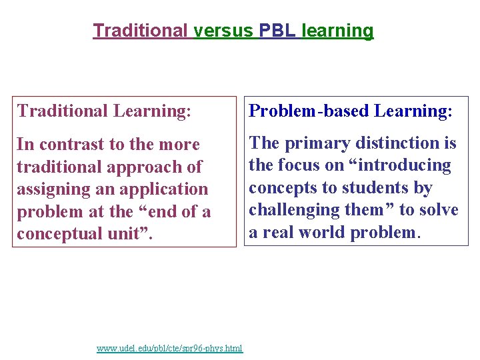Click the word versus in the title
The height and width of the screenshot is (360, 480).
[x=223, y=31]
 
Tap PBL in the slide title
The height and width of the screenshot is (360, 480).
[x=278, y=31]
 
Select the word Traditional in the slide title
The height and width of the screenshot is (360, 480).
[x=141, y=31]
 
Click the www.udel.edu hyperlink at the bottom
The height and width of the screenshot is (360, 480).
[x=169, y=348]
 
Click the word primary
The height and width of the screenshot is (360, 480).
[x=317, y=143]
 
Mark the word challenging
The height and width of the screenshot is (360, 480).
[x=293, y=210]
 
